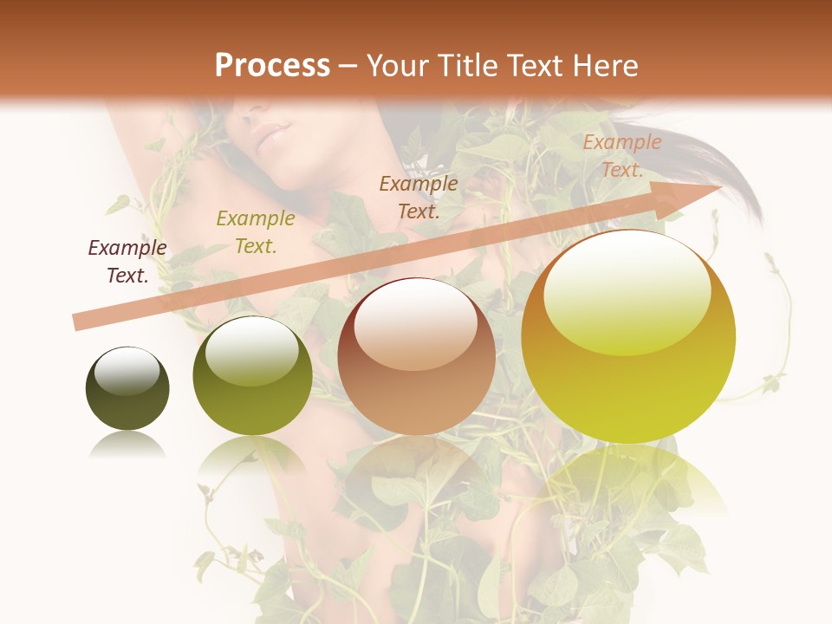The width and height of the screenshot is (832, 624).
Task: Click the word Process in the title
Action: [272, 66]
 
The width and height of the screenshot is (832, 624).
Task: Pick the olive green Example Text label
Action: [256, 232]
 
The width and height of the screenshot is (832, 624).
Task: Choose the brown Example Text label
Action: [419, 198]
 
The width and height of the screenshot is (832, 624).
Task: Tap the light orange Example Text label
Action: [621, 156]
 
